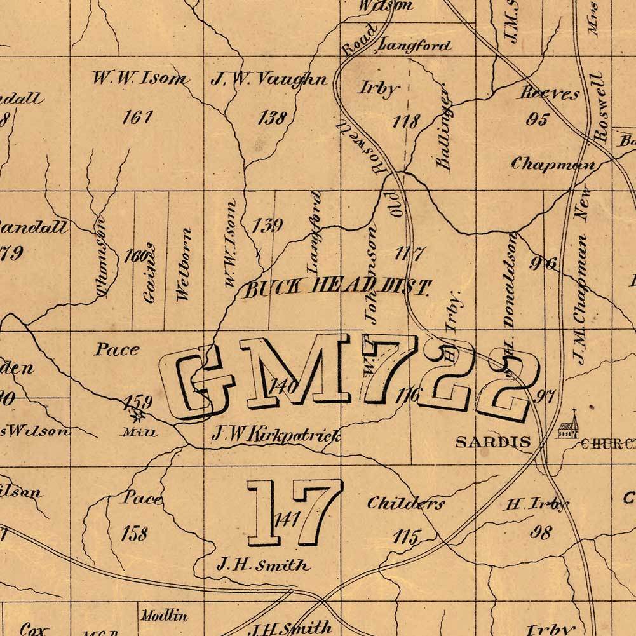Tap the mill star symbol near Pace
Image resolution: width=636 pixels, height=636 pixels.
coord(136,417)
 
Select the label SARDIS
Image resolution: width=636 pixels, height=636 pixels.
coord(493,442)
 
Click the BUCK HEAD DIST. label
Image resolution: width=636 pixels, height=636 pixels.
coord(338,288)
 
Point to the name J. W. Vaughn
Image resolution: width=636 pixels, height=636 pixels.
coord(269,79)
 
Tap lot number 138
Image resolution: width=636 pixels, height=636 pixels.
coord(273,118)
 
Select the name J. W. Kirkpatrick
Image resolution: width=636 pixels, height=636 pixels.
coord(276,436)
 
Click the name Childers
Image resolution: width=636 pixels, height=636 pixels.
coord(406,503)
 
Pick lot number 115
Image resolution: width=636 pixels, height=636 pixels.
coord(406,537)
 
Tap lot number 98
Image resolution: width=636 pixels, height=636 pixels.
coord(541,532)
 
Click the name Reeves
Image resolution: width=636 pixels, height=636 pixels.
coord(550,93)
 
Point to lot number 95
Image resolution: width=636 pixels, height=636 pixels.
coord(537,119)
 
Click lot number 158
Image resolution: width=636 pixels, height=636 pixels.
coord(134,533)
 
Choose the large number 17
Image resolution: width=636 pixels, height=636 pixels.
coord(294,512)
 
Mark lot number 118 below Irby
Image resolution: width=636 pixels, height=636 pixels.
coord(407,120)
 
